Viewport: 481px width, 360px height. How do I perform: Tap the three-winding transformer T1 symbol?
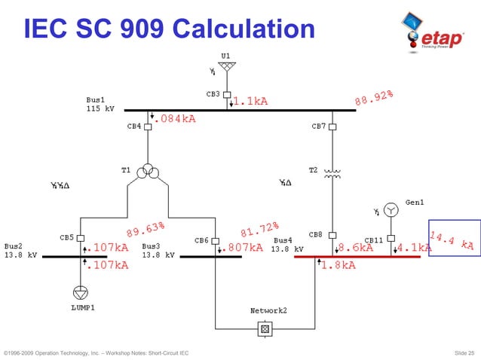148,172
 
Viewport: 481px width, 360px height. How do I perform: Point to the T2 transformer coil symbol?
332,173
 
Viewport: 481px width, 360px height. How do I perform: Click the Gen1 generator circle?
391,209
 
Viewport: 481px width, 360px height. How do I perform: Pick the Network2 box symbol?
265,328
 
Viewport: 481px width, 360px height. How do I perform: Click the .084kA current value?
176,119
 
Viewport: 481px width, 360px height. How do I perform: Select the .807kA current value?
245,247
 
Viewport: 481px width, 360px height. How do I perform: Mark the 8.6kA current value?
355,247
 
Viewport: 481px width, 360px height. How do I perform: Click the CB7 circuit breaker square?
332,127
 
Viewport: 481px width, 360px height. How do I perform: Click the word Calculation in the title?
243,29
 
